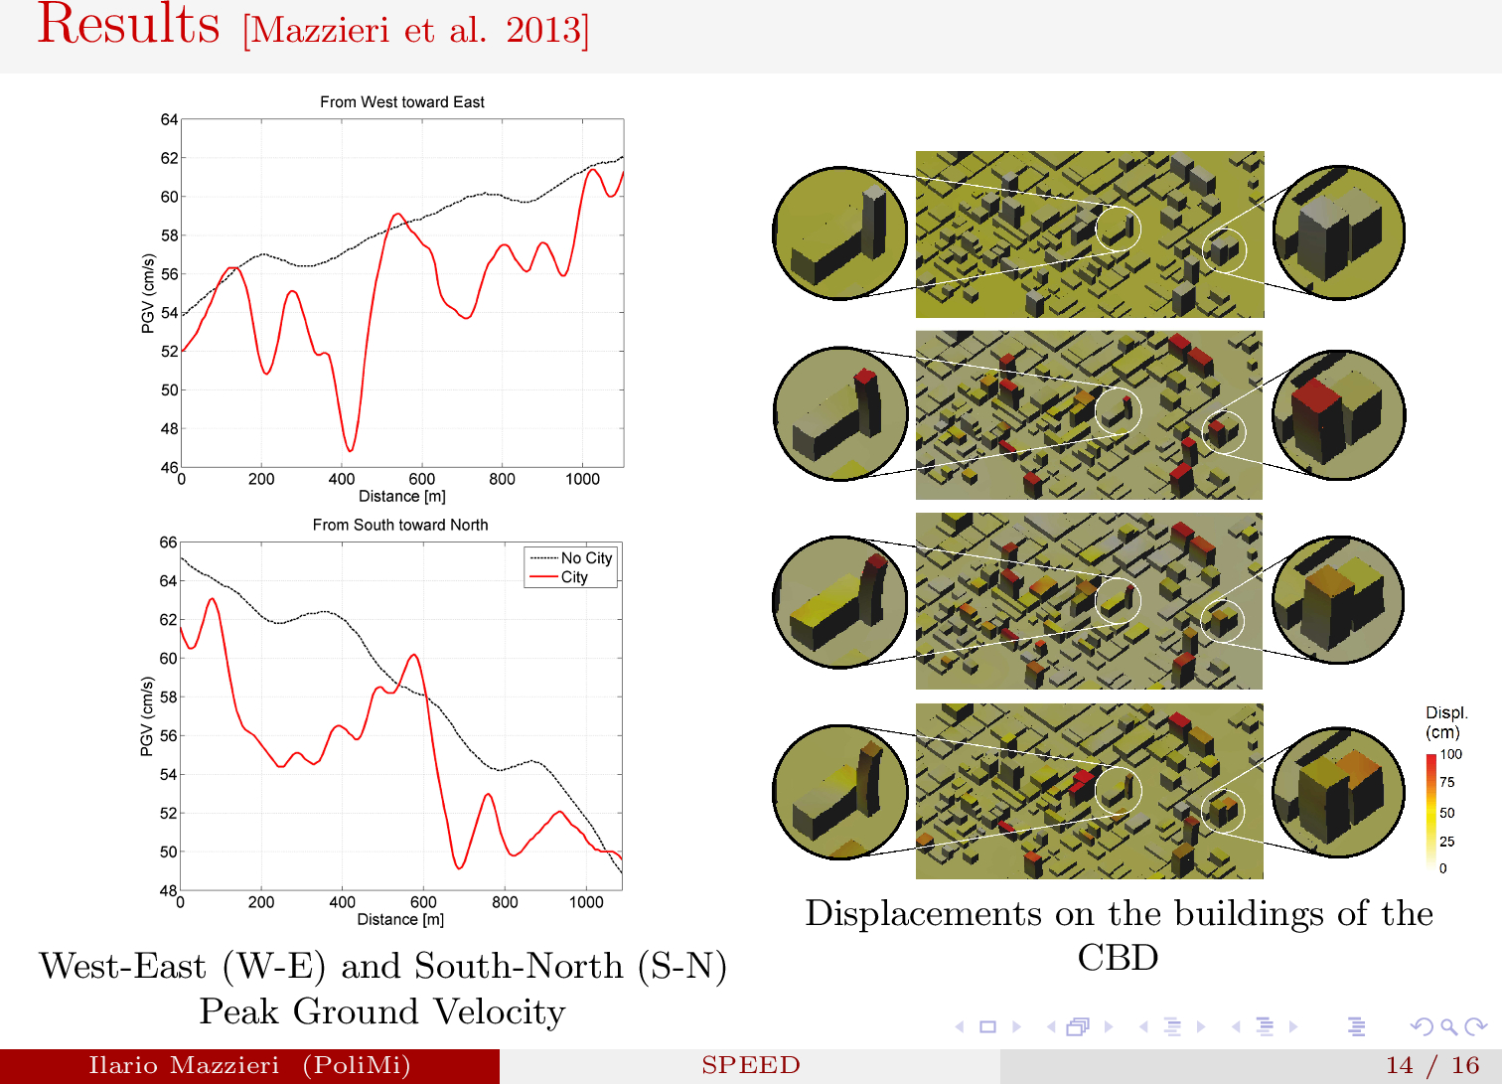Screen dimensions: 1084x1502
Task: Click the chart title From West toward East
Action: tap(401, 101)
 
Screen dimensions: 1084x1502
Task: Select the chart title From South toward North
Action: tap(400, 525)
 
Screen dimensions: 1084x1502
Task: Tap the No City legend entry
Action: tap(586, 558)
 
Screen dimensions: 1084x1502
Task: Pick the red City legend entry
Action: tap(574, 577)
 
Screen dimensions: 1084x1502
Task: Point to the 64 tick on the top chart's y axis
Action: tap(169, 120)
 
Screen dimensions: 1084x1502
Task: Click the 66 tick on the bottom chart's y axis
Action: tap(168, 542)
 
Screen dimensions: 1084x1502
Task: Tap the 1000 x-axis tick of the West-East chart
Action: tap(582, 479)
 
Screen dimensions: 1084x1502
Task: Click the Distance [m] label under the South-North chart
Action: tap(400, 919)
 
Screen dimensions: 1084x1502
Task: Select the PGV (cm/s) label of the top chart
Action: tap(148, 293)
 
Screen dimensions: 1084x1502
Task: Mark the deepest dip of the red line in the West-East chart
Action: tap(350, 450)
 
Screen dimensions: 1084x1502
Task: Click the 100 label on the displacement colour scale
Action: tap(1451, 754)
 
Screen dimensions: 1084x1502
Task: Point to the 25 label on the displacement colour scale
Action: tap(1447, 842)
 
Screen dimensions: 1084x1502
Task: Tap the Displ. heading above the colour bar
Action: tap(1446, 712)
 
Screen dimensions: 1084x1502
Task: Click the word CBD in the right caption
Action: tap(1118, 958)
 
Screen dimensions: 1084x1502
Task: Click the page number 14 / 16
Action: tap(1431, 1065)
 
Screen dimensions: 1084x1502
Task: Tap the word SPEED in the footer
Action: tap(750, 1065)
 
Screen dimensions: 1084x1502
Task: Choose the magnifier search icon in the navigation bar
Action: tap(1448, 1026)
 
